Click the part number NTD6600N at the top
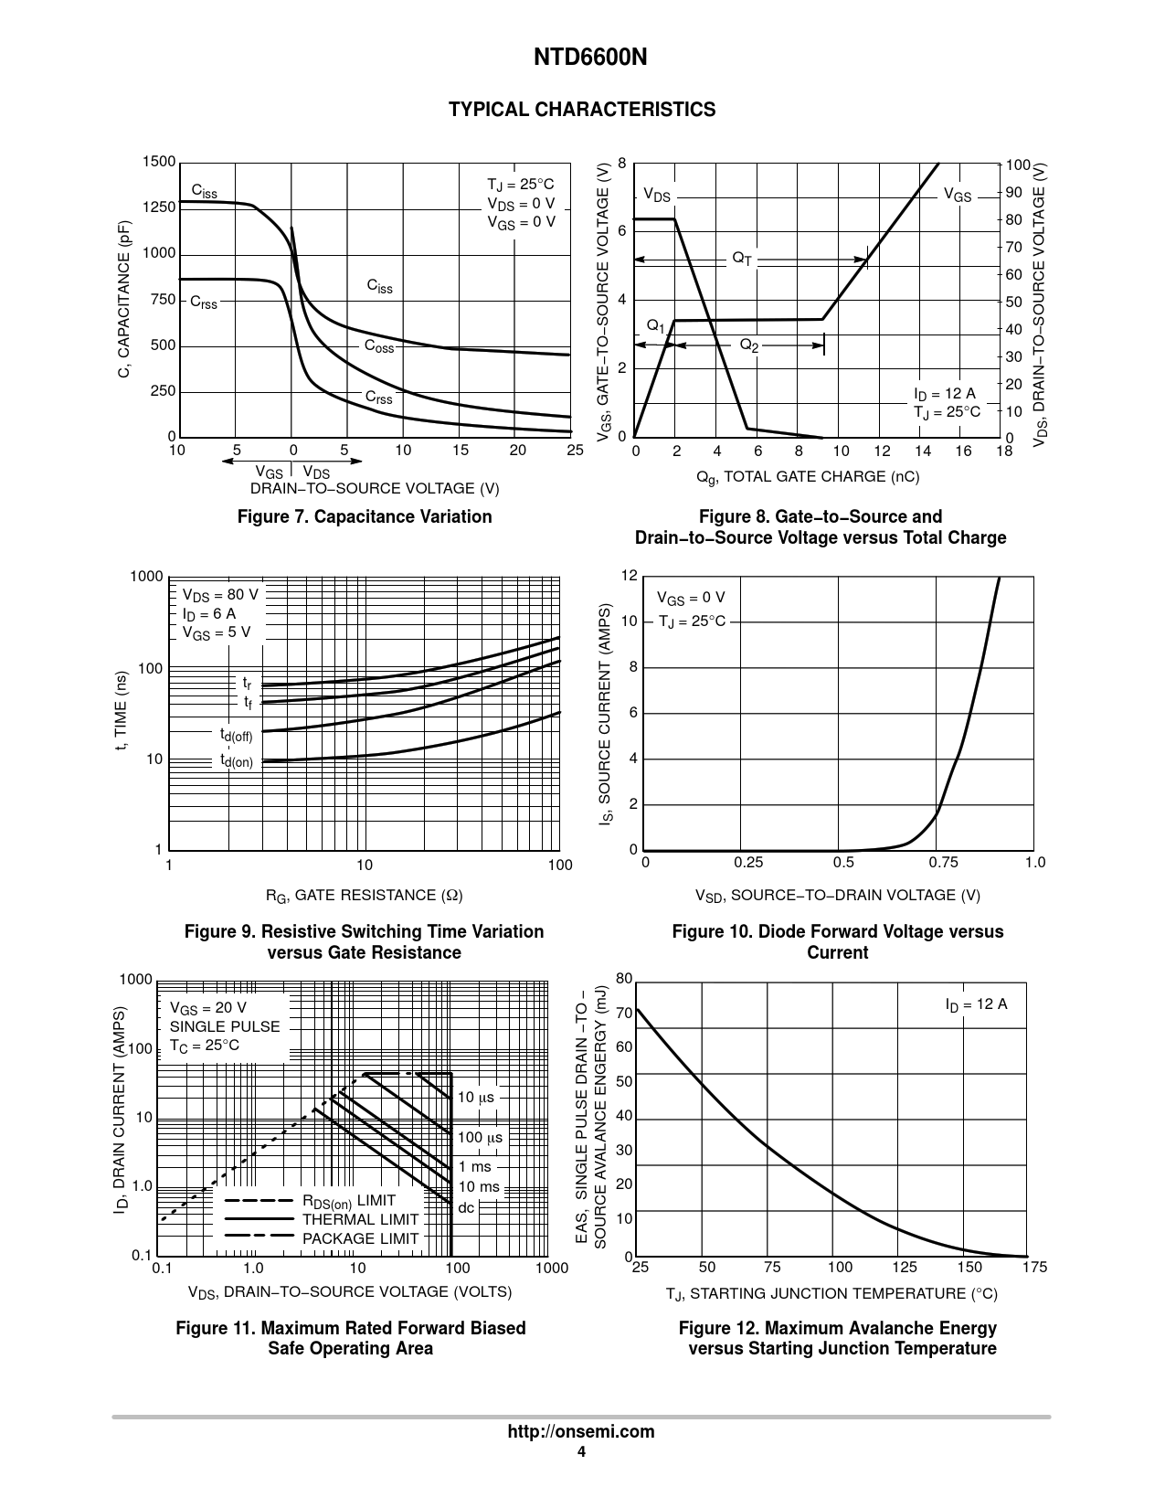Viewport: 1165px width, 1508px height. pos(582,58)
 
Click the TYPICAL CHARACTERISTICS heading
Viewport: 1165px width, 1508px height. pos(582,110)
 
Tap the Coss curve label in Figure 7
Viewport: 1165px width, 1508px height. pos(379,346)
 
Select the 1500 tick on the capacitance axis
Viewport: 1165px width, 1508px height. pos(158,163)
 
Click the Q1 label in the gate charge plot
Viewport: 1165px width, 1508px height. pos(656,326)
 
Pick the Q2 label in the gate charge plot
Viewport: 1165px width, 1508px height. pos(748,345)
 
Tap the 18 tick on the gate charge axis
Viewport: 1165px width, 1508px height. pos(1004,451)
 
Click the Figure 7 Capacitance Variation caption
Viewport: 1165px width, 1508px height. pos(365,517)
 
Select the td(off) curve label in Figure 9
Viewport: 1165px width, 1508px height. pos(235,734)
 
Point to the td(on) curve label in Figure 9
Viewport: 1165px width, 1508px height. pos(236,760)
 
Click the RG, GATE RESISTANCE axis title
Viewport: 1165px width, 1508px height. pos(364,896)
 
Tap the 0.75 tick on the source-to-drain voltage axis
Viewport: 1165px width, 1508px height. pos(944,863)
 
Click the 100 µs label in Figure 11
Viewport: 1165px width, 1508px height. pos(480,1138)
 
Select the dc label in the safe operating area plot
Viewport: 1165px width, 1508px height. pos(466,1207)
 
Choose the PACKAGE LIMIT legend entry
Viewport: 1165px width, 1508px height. pos(360,1238)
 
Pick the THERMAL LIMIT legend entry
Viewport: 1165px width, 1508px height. pos(360,1219)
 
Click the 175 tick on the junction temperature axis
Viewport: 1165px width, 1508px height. pos(1035,1268)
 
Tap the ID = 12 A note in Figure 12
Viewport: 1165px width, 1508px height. pos(976,1004)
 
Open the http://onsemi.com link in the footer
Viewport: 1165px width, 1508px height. pos(581,1432)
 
